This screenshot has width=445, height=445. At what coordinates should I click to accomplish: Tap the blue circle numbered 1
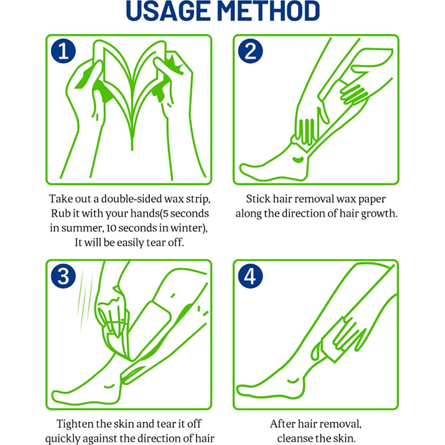[63, 51]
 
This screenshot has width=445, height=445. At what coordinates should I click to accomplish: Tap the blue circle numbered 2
[250, 51]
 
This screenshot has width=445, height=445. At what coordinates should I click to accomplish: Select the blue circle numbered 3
[63, 276]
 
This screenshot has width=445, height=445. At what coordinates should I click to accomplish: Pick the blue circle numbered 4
[250, 276]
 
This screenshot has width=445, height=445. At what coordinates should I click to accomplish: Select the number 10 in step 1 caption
[112, 228]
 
